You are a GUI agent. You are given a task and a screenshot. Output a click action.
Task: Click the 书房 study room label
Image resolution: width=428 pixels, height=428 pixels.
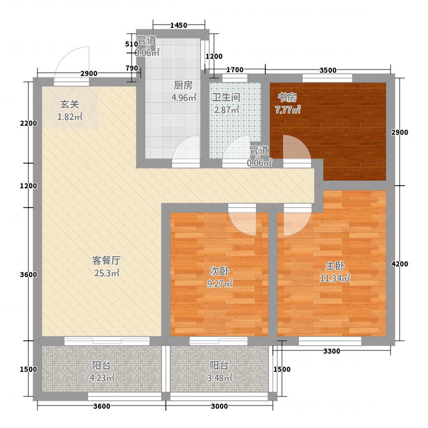(x=287, y=97)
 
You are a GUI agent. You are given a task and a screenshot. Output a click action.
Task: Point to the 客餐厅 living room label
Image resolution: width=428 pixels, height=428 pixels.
(x=106, y=261)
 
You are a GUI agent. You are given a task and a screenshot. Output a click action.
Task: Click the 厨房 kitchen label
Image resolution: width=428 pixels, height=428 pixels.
(x=182, y=85)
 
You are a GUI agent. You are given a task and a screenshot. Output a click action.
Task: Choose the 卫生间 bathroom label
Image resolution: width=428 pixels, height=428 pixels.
(x=225, y=97)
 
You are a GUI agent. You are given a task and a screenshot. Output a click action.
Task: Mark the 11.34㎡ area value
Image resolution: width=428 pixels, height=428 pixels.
(x=338, y=278)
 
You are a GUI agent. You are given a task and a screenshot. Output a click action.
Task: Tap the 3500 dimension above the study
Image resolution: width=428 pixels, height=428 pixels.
(x=327, y=70)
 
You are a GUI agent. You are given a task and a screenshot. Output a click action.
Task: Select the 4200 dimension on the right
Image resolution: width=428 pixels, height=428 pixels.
(x=400, y=264)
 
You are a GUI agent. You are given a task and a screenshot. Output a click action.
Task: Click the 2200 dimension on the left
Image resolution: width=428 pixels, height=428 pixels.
(x=27, y=123)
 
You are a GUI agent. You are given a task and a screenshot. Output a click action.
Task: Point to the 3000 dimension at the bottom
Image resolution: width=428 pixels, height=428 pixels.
(x=219, y=407)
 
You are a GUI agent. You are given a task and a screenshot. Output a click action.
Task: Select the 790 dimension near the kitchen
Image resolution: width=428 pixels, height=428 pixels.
(x=131, y=68)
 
